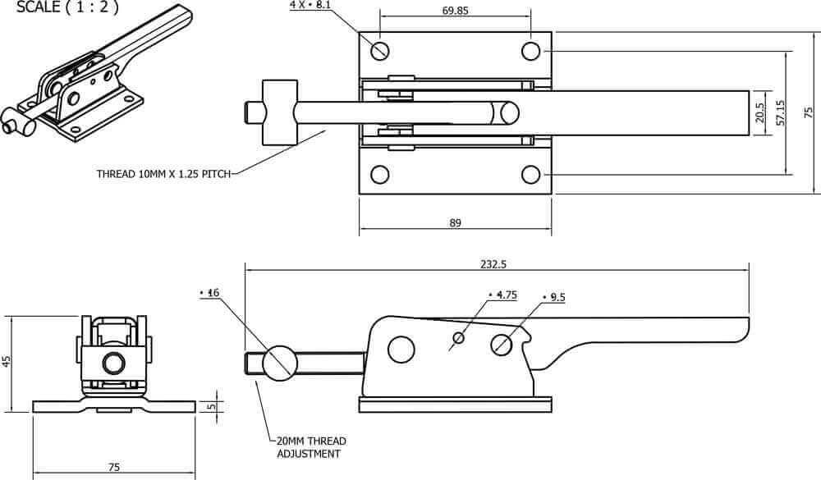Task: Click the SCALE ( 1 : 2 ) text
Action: point(67,7)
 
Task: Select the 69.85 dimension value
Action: point(455,10)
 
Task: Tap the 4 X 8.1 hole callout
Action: point(310,5)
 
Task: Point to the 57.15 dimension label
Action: point(781,112)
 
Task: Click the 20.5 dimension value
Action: point(760,112)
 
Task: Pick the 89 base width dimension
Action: point(455,223)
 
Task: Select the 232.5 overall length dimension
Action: point(493,264)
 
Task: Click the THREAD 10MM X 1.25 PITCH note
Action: point(164,174)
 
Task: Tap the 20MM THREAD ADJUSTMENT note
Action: point(311,447)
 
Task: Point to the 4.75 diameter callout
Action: point(502,295)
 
